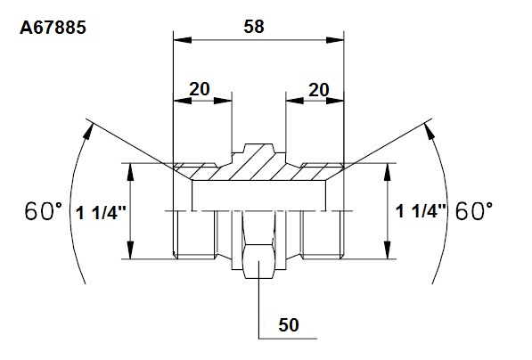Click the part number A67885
[53, 28]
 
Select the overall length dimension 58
[254, 27]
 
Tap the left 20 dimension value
[200, 89]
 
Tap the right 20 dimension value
[319, 90]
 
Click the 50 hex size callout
[289, 324]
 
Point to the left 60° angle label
[44, 210]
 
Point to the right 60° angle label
[474, 210]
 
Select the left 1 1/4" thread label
[101, 213]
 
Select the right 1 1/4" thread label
[421, 211]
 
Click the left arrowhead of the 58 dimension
[182, 40]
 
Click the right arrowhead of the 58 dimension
[335, 40]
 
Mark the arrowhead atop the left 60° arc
[88, 132]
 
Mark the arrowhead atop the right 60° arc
[429, 131]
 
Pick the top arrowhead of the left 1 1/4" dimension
[131, 172]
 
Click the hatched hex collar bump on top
[259, 148]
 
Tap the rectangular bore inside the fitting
[259, 195]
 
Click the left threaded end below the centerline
[194, 234]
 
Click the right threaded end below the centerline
[323, 234]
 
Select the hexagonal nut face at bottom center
[259, 261]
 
